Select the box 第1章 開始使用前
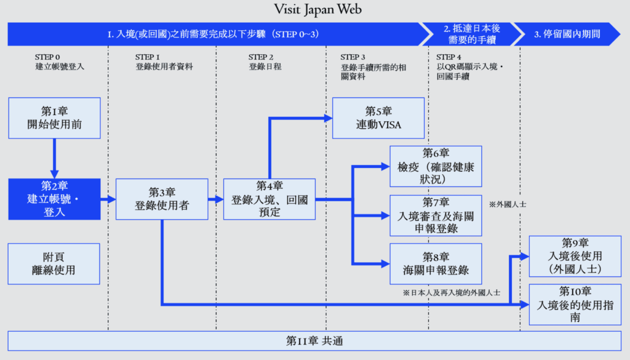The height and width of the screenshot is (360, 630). [54, 118]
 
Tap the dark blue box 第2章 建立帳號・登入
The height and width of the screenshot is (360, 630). [54, 199]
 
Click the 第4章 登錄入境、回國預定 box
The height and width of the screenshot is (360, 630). [269, 199]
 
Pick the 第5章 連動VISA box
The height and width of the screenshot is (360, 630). [378, 118]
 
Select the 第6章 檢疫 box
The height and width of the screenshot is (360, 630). [436, 166]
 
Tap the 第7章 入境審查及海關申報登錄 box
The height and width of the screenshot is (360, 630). [436, 215]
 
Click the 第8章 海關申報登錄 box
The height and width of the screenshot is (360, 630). [436, 263]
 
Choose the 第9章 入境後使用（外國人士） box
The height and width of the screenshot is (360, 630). [575, 256]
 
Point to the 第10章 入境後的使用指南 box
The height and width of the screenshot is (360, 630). [575, 304]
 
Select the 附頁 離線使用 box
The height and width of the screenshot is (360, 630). [54, 263]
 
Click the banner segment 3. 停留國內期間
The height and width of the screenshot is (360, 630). [567, 34]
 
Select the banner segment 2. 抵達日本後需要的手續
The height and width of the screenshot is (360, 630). [469, 34]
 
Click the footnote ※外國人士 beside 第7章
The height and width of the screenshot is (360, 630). [508, 204]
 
